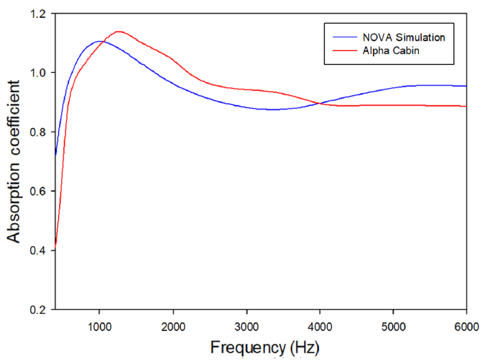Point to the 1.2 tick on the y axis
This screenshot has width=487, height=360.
tap(41, 14)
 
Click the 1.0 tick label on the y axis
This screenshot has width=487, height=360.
tap(41, 73)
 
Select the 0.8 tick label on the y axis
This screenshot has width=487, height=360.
tap(41, 132)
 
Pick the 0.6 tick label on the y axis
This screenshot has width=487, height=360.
tap(41, 191)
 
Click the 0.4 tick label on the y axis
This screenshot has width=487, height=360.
tap(41, 251)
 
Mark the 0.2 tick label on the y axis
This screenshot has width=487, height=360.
tap(41, 310)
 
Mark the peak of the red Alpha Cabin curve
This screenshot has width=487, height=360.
tap(118, 32)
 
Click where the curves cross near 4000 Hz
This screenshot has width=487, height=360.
tap(319, 103)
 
